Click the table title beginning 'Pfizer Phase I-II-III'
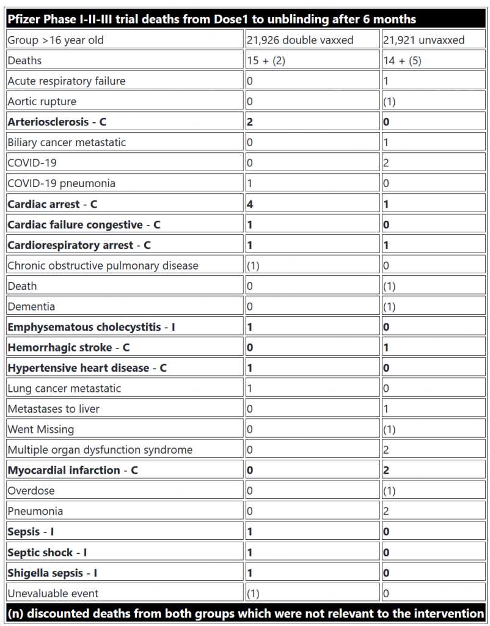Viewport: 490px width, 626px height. pos(211,19)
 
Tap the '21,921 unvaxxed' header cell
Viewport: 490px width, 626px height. pos(423,40)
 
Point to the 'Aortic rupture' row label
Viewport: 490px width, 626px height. pos(42,101)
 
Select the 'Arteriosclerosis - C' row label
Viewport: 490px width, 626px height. pos(57,122)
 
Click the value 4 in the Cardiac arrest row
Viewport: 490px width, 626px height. pos(250,204)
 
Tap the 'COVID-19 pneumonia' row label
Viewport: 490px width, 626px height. pos(61,183)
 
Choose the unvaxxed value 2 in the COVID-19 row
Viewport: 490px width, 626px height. pos(386,163)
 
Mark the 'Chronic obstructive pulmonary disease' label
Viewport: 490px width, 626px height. pos(103,265)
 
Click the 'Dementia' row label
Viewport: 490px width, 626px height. pos(31,306)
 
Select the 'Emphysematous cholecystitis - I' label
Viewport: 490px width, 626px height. pos(91,327)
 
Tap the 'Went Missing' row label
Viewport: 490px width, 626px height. pos(41,429)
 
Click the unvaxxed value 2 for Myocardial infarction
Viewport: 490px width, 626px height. pos(387,470)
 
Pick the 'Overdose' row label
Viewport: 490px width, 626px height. pos(31,491)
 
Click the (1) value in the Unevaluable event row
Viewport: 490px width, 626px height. pos(254,593)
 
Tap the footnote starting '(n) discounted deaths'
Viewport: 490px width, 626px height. pos(244,613)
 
